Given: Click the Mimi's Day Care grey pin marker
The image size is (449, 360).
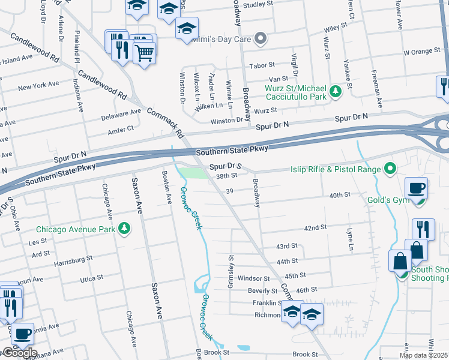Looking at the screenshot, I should point(260,40).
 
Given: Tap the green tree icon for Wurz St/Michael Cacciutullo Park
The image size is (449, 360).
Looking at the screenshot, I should point(336,91).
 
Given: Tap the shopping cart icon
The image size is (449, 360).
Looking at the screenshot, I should point(144,55).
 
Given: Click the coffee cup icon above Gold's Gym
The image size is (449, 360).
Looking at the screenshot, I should point(416,188).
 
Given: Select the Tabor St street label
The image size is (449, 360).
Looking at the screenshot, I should point(262,65).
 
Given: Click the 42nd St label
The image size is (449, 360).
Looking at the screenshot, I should point(315,228).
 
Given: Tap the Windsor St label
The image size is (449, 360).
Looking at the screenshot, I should point(254,278).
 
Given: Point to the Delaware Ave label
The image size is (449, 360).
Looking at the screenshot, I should point(120,113).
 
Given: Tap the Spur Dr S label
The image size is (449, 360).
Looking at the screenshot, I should point(225,166).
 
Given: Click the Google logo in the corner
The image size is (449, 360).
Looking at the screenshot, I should point(19,353).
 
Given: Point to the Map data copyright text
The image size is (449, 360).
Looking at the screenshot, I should point(424,355).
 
